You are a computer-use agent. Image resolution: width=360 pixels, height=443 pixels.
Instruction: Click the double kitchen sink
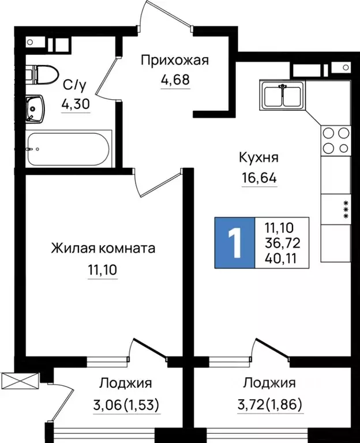coord(283,96)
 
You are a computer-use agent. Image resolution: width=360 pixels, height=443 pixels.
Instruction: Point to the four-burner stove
coord(336,140)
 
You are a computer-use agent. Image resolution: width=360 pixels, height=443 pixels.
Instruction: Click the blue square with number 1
coord(234,243)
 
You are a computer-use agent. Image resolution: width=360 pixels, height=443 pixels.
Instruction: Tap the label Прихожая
coord(175,60)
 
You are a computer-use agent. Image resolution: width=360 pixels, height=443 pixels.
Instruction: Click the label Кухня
coord(259,157)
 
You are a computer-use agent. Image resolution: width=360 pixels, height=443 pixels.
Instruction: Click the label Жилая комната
coord(103,249)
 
